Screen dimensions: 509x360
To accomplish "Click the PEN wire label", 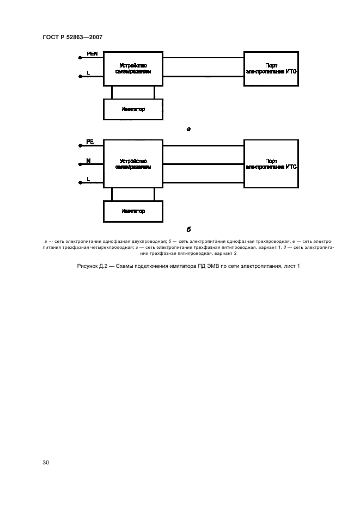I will pyautogui.click(x=91, y=53).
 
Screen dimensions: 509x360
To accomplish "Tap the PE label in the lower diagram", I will pyautogui.click(x=90, y=142).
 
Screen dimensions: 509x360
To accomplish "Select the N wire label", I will pyautogui.click(x=88, y=161).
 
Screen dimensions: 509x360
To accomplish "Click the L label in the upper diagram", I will pyautogui.click(x=88, y=72).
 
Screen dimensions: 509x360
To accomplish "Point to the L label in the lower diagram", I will pyautogui.click(x=88, y=179).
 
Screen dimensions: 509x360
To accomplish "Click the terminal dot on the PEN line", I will pyautogui.click(x=80, y=58).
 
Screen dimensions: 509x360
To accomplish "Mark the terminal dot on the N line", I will pyautogui.click(x=80, y=164).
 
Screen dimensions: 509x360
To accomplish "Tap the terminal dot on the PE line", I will pyautogui.click(x=80, y=146).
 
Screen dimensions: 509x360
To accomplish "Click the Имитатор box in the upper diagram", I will pyautogui.click(x=133, y=109).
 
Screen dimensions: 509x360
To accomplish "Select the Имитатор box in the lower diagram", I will pyautogui.click(x=133, y=211).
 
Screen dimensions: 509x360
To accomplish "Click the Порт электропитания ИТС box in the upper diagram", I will pyautogui.click(x=271, y=68).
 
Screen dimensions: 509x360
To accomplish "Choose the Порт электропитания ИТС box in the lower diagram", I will pyautogui.click(x=271, y=164).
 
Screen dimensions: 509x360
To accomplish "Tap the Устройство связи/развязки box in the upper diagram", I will pyautogui.click(x=133, y=68).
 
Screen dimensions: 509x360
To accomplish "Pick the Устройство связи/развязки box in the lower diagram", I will pyautogui.click(x=133, y=164).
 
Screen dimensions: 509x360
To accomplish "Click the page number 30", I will pyautogui.click(x=46, y=462).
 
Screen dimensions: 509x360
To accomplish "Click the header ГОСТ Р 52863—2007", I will pyautogui.click(x=72, y=37).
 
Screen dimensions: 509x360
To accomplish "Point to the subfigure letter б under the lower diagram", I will pyautogui.click(x=188, y=229).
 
